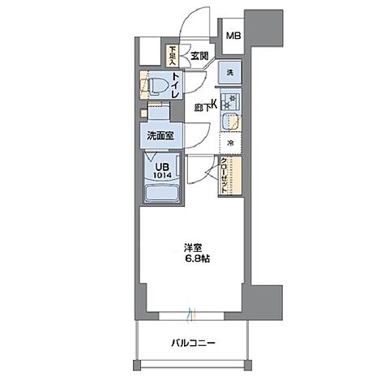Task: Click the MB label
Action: coord(233,36)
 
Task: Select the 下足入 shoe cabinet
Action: coord(173,55)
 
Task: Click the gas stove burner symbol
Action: coord(231,101)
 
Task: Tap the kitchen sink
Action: coord(231,122)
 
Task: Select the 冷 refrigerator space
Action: coord(231,143)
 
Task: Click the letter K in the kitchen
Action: coord(214,103)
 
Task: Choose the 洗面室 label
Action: coord(160,136)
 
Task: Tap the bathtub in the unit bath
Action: coord(161,194)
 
